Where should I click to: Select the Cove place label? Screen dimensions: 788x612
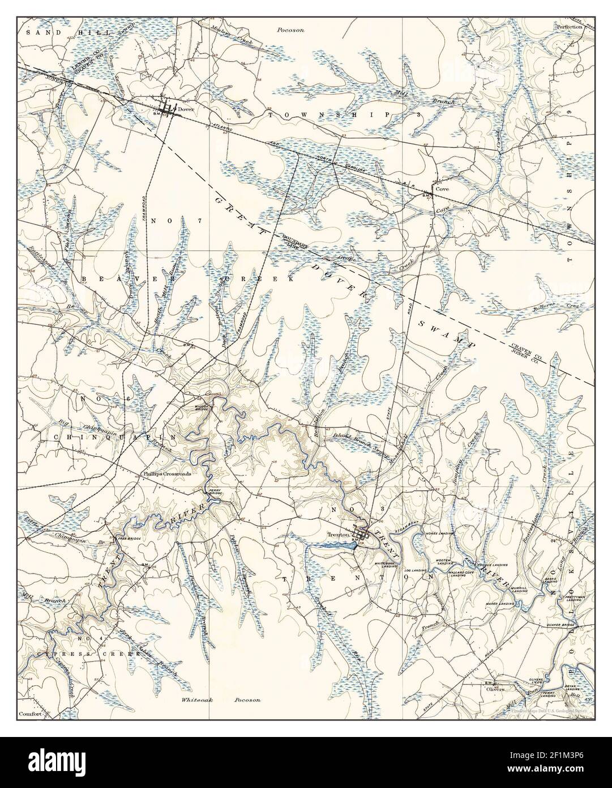442,189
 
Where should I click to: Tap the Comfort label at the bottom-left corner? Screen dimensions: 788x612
31,714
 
